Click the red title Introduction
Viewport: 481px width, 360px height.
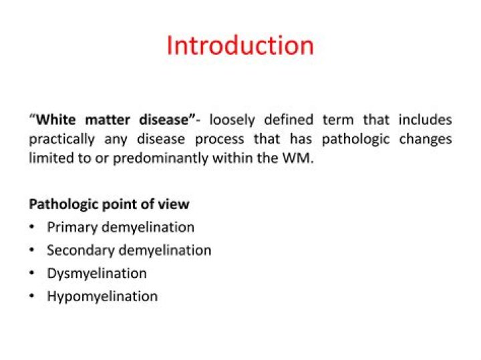(240, 45)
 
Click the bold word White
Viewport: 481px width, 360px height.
(59, 120)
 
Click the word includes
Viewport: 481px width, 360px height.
(425, 120)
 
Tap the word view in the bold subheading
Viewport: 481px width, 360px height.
(175, 204)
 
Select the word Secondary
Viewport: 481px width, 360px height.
(79, 250)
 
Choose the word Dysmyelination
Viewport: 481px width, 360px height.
(96, 273)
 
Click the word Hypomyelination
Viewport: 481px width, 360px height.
(102, 296)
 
